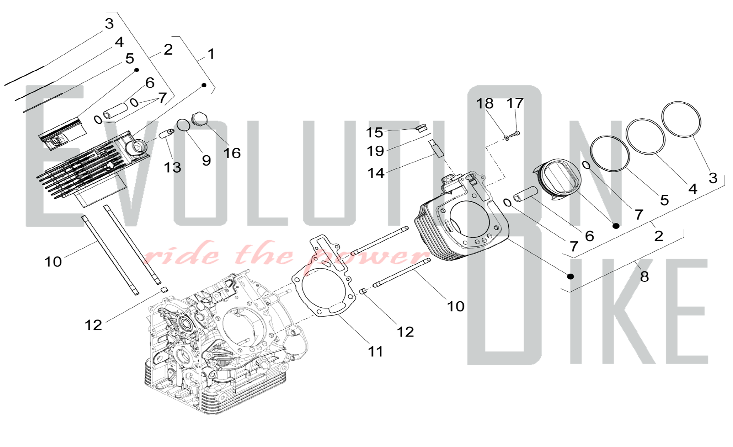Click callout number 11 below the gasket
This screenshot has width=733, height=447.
pos(376,351)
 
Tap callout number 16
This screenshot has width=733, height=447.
pos(232,153)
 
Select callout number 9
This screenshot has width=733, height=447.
pos(206,160)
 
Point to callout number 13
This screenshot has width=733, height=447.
pos(172,167)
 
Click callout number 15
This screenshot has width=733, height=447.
pos(374,132)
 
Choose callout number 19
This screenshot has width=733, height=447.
pos(375,151)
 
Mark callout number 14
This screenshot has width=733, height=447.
pos(376,173)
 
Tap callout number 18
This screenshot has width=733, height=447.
pos(485,103)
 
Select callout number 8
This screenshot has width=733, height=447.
pos(644,277)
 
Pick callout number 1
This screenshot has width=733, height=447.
pos(211,54)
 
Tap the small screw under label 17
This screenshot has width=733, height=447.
pos(515,134)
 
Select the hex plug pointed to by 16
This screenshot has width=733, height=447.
pos(200,119)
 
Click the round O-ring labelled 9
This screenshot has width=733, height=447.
pos(183,125)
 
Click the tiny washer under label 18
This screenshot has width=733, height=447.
pos(507,138)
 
